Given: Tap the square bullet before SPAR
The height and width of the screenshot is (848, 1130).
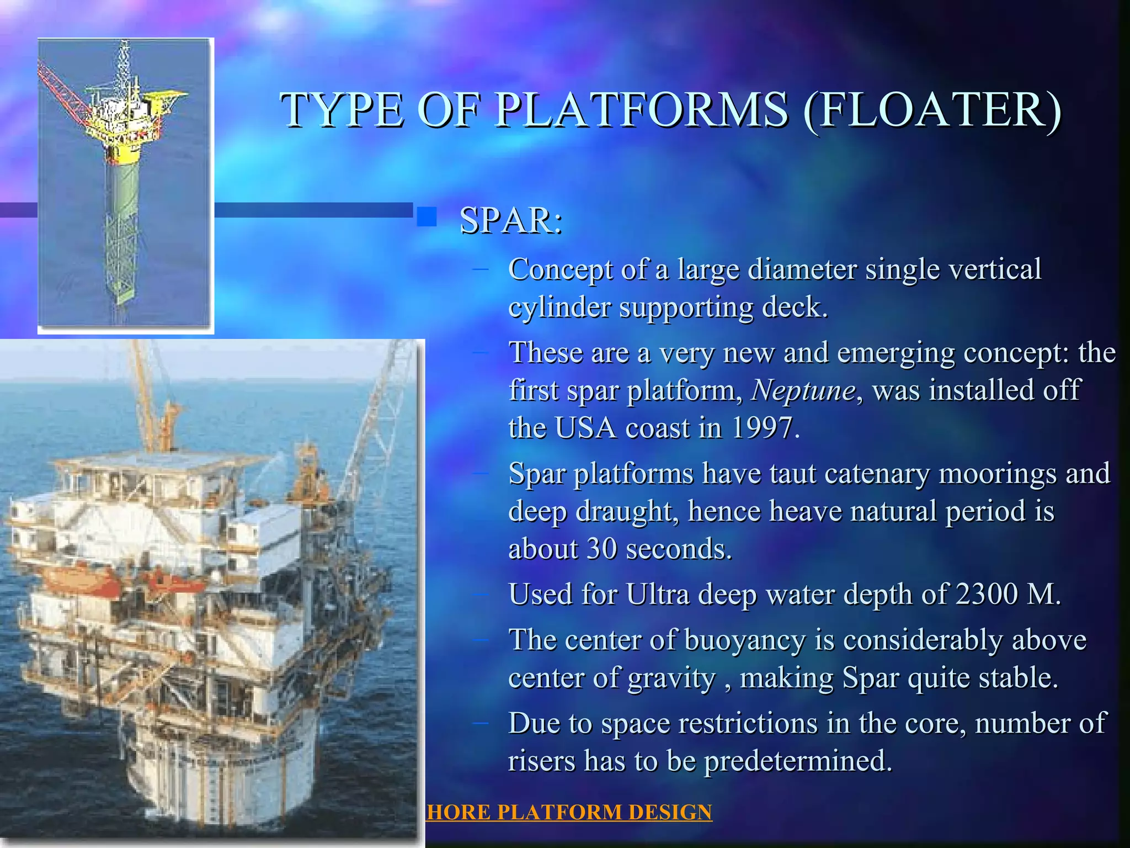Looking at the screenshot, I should click(x=426, y=218).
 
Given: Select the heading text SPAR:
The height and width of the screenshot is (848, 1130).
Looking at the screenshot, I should click(x=511, y=220).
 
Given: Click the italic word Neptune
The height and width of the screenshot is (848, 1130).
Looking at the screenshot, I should click(x=803, y=390).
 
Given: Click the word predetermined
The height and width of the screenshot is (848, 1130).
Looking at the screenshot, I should click(x=797, y=761).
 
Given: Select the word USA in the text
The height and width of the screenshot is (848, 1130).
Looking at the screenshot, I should click(x=585, y=428).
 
